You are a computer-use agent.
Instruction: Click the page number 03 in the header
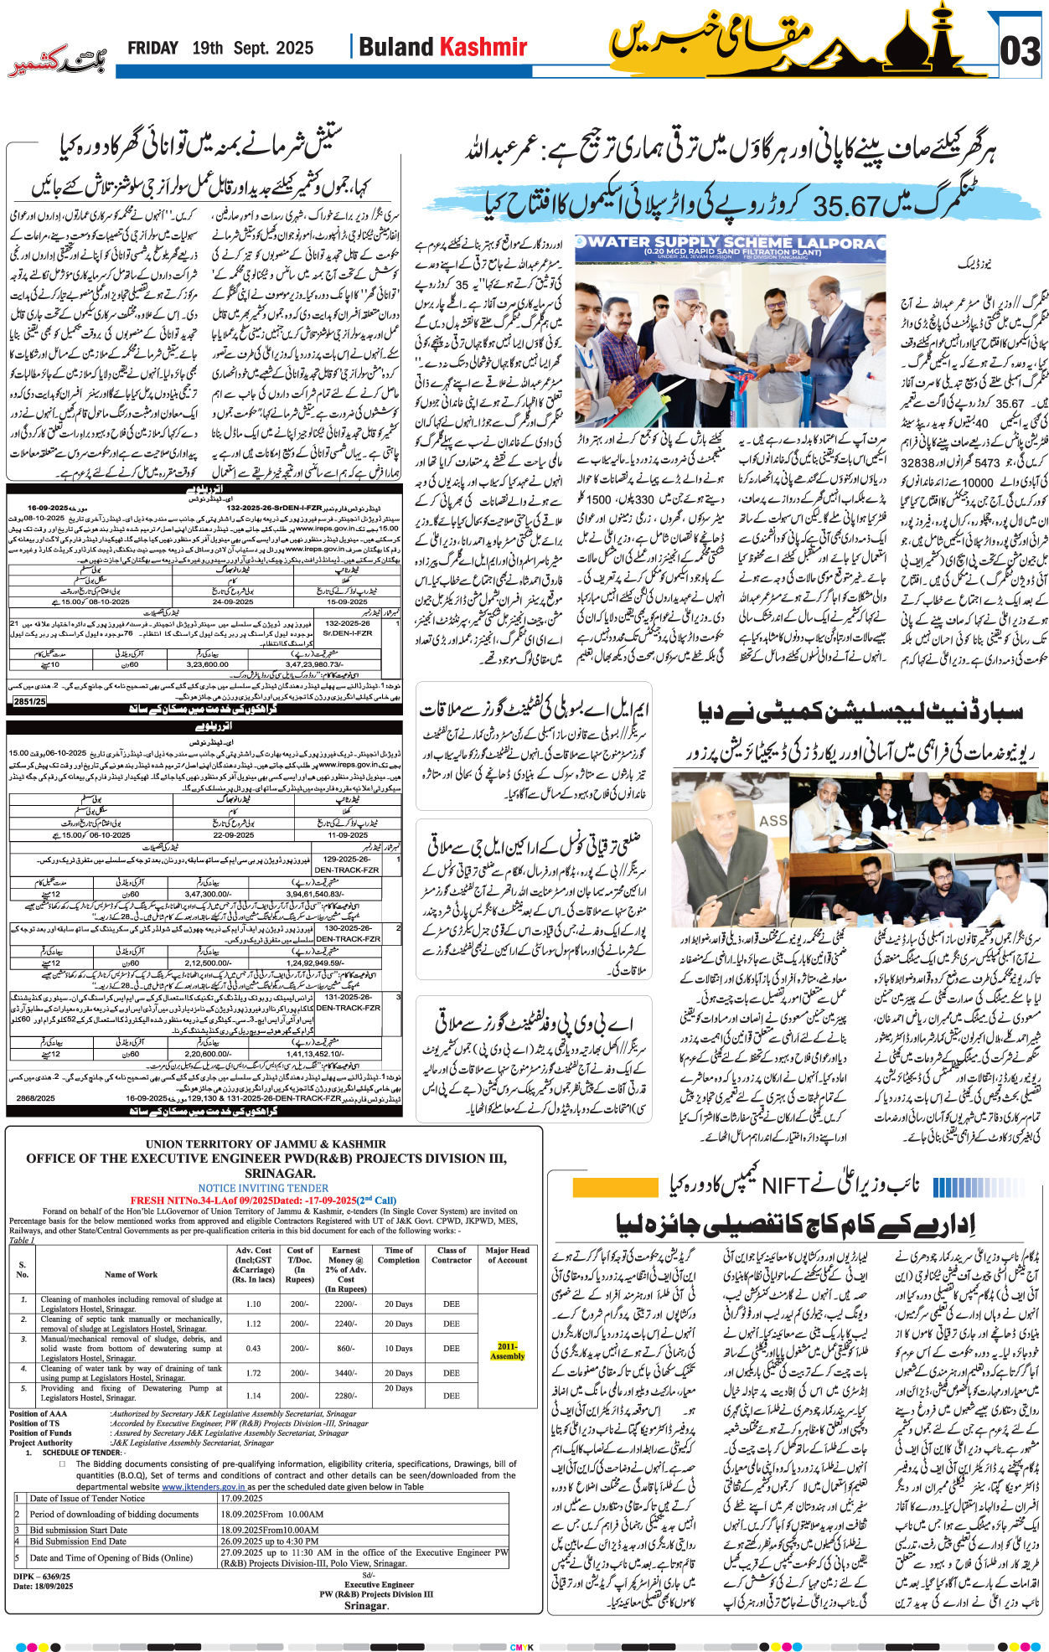(1021, 52)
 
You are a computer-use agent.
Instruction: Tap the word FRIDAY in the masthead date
(152, 49)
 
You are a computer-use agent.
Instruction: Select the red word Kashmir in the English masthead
(484, 47)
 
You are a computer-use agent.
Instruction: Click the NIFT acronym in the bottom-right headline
(784, 1185)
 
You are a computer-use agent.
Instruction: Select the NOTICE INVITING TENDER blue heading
(263, 1188)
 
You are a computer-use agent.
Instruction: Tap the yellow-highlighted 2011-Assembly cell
(507, 1350)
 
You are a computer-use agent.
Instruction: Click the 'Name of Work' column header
(131, 1274)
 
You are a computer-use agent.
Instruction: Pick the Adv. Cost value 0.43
(253, 1348)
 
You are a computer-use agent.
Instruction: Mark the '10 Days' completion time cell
(399, 1348)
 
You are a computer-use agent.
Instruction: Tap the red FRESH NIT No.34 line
(263, 1200)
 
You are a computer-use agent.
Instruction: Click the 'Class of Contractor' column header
(452, 1255)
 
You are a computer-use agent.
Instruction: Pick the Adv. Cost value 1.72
(253, 1373)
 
